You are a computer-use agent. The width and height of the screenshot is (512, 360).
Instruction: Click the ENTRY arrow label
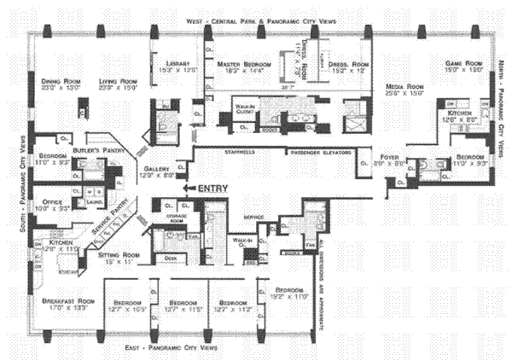211,188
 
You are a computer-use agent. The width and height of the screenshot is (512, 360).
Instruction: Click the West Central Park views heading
253,20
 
